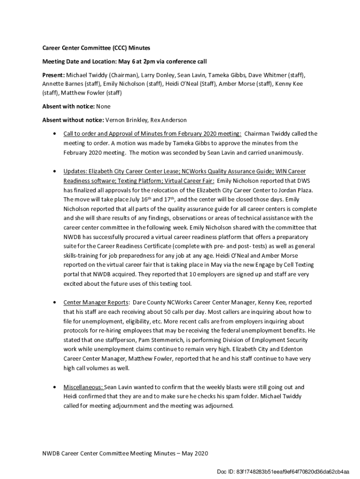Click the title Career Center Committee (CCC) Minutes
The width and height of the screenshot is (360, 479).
tap(96, 48)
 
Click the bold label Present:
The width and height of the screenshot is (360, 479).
tap(54, 75)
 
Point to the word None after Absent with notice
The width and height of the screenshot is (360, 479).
tap(103, 106)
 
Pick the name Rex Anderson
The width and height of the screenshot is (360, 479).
tap(173, 120)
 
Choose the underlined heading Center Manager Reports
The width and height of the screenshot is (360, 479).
tap(95, 302)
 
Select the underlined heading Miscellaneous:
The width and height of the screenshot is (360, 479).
tap(83, 387)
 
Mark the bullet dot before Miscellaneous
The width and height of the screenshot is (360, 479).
tap(56, 387)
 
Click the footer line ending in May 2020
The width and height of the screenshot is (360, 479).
tap(125, 453)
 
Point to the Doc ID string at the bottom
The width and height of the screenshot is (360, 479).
tap(283, 472)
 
